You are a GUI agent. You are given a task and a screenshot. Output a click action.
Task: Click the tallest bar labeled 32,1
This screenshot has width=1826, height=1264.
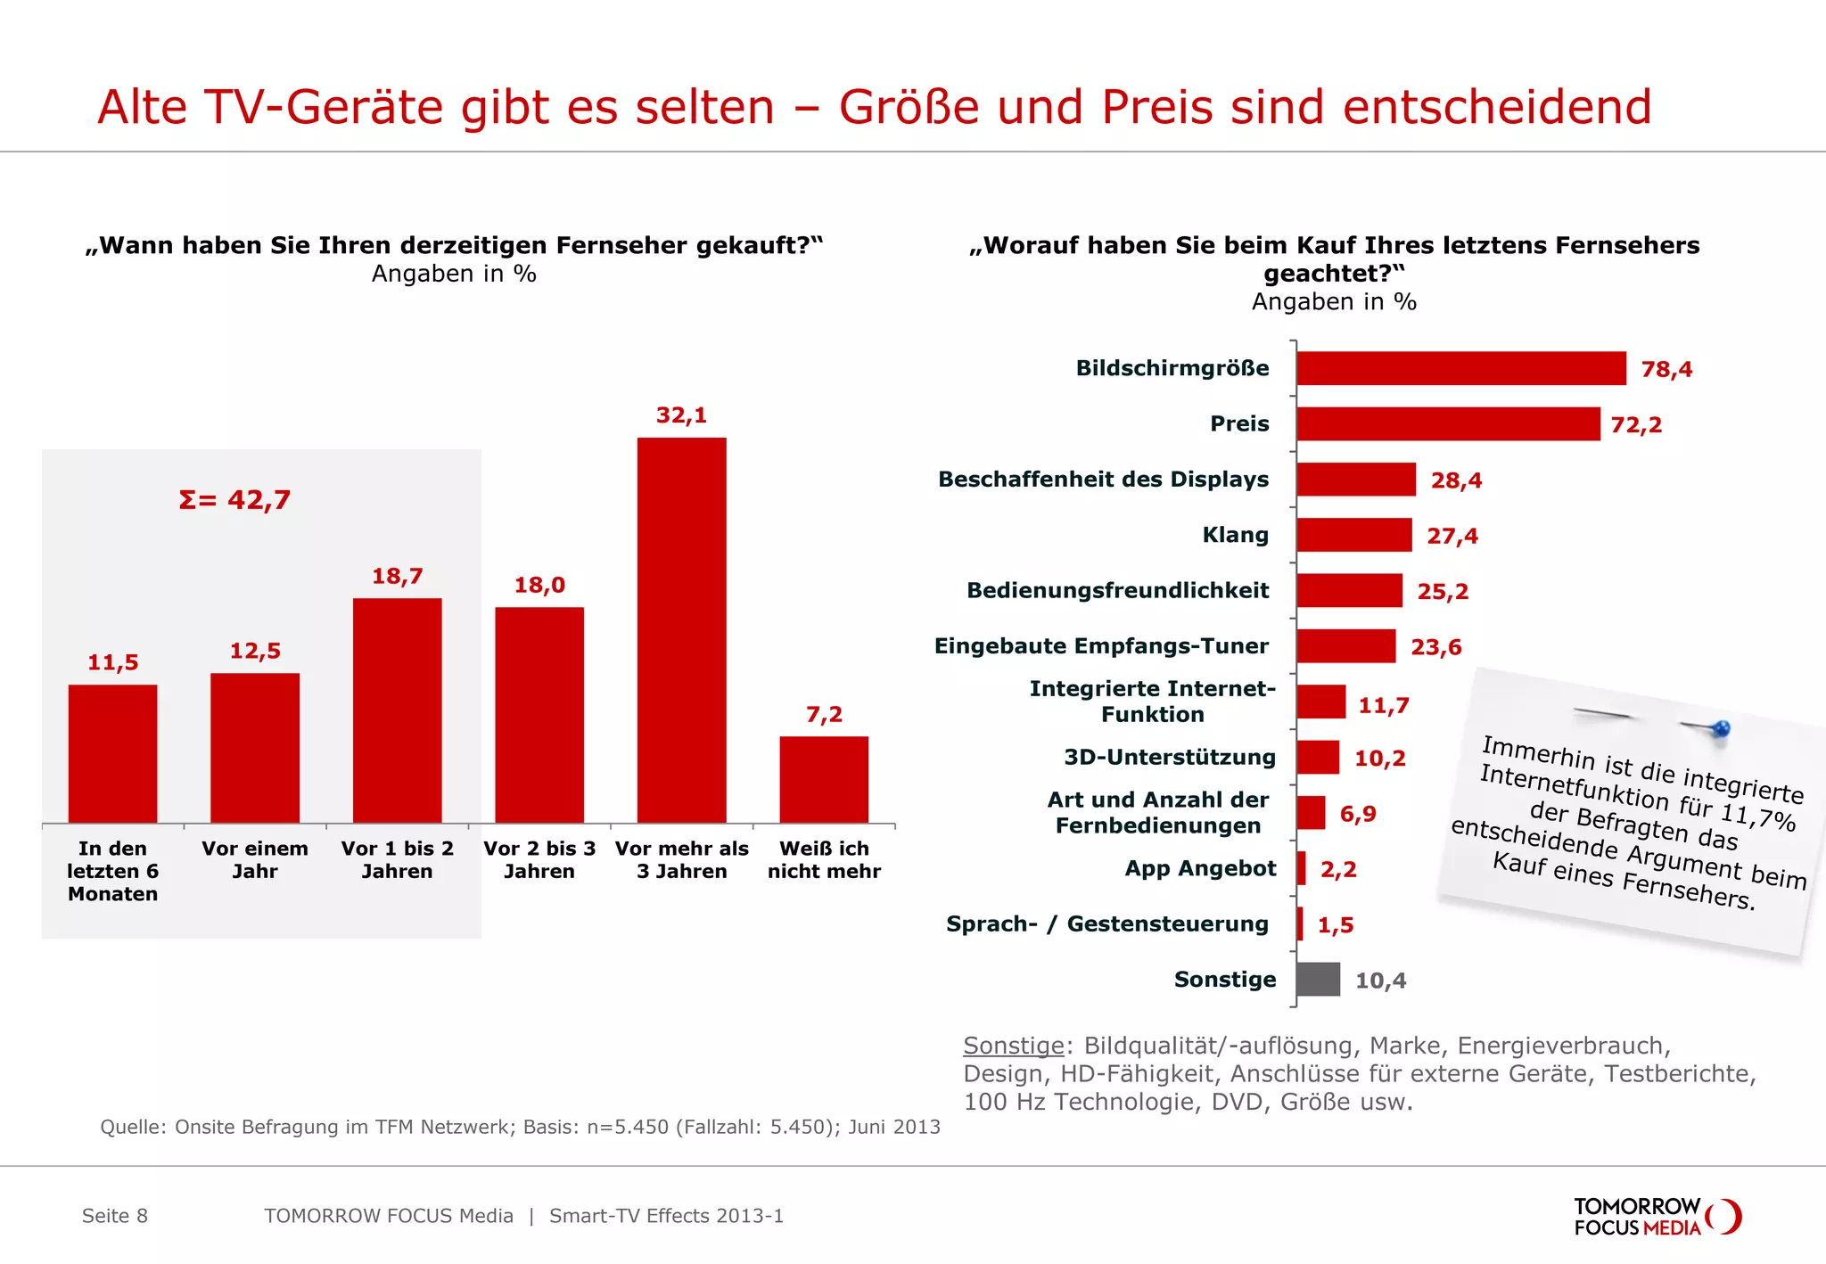pos(681,629)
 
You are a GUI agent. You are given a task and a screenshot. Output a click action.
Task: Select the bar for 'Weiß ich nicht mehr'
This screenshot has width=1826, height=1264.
pos(823,779)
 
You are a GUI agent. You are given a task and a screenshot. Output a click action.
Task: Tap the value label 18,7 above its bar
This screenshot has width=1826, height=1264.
pos(397,577)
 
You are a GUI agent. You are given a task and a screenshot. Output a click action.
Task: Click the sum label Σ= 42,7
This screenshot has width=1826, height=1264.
pos(234,500)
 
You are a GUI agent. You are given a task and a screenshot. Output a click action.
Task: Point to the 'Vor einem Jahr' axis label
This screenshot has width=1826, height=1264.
pos(255,860)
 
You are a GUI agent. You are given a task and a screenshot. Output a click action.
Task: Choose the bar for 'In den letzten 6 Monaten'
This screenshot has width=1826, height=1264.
pos(112,753)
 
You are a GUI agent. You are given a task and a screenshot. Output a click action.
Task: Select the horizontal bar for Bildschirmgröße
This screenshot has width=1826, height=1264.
pos(1460,368)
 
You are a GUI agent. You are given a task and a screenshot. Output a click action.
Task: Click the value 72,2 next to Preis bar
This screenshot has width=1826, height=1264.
pos(1636,425)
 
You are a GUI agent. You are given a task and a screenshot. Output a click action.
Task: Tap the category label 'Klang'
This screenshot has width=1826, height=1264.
pos(1235,535)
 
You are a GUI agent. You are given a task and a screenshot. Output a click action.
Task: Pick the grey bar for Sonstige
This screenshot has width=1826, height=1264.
pos(1318,979)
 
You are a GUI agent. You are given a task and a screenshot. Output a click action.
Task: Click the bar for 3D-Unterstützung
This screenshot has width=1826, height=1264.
pos(1318,758)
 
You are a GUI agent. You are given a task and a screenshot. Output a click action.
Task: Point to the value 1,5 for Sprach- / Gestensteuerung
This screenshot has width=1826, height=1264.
pos(1336,925)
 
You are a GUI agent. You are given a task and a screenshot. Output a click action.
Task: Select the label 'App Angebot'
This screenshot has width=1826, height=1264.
pos(1200,868)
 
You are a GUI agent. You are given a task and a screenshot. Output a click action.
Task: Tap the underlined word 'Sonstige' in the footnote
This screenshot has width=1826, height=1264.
pos(1014,1046)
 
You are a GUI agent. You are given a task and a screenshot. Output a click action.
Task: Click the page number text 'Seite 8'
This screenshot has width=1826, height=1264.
pos(115,1216)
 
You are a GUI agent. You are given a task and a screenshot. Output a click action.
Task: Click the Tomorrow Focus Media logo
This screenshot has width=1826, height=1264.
pos(1657,1217)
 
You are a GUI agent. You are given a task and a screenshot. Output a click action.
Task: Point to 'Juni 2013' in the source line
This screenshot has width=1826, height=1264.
pos(893,1127)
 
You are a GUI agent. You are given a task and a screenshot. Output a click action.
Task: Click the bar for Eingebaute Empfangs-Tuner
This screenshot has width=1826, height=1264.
pos(1345,646)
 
